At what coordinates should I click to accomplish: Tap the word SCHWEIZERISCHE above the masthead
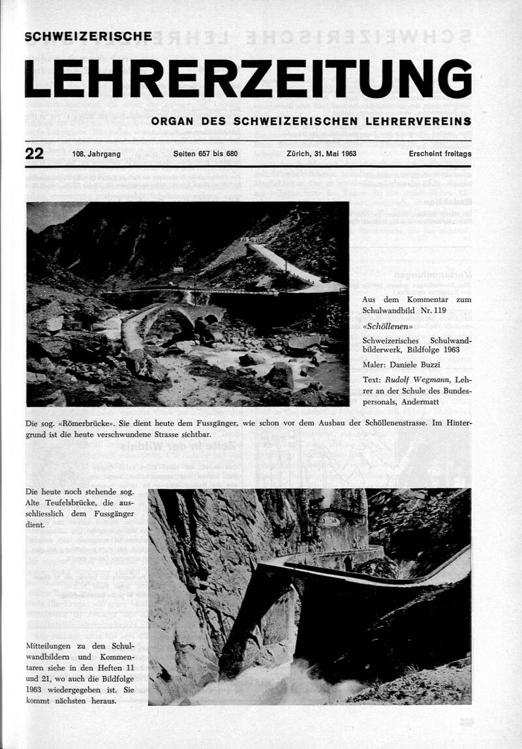coord(88,37)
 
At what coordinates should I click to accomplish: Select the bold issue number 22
coord(34,154)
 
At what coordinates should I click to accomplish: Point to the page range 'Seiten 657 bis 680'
coord(206,155)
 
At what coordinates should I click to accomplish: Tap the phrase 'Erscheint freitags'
coord(440,155)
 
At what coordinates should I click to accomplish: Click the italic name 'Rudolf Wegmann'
coord(418,379)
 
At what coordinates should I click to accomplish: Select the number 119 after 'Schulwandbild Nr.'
coord(437,311)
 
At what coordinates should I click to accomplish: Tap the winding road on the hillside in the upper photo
coord(287,264)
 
